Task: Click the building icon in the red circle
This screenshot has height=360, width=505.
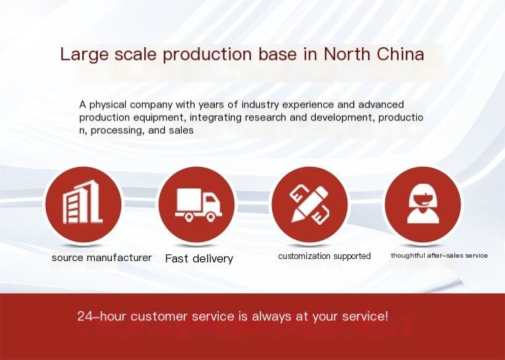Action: (82, 202)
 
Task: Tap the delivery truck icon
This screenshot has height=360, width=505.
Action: (199, 205)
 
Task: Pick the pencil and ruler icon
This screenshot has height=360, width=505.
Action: (310, 205)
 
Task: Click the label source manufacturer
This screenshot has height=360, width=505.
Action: (102, 258)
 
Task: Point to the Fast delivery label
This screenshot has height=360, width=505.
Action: (199, 258)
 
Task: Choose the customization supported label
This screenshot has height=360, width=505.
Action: (325, 256)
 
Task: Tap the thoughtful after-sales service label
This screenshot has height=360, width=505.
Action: (439, 256)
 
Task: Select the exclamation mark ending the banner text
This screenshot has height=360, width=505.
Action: (386, 316)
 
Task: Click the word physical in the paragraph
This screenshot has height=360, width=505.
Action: (108, 105)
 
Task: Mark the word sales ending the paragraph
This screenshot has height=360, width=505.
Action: (181, 131)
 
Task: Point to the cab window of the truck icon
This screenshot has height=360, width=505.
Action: (210, 199)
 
